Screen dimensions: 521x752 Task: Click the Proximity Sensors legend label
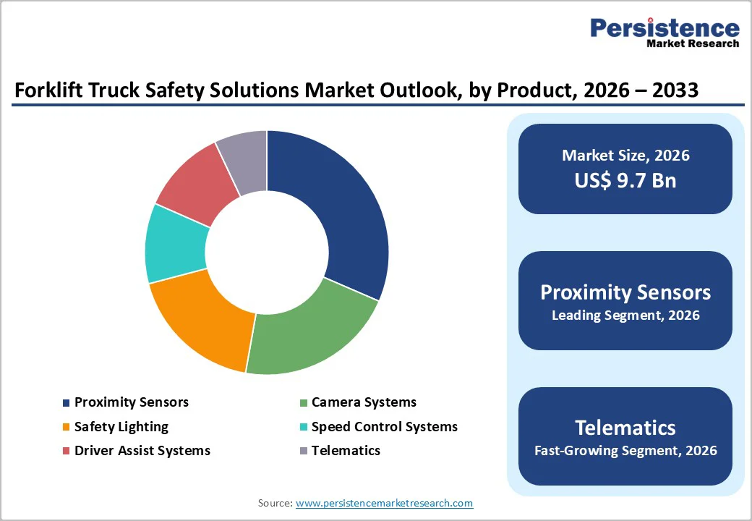pos(131,402)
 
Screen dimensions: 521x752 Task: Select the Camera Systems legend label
pos(364,402)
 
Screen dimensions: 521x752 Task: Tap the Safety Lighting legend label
pos(121,426)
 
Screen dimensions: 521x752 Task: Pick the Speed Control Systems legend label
pos(384,426)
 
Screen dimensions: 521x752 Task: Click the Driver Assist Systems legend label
pos(142,450)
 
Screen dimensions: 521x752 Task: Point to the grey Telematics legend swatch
pos(304,451)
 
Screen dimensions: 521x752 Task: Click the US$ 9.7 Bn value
pos(625,180)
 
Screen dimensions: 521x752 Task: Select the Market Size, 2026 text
pos(625,155)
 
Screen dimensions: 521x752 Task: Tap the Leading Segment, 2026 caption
pos(625,315)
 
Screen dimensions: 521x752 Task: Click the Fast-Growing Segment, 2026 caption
pos(625,451)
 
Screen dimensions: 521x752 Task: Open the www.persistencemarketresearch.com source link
pos(384,503)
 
